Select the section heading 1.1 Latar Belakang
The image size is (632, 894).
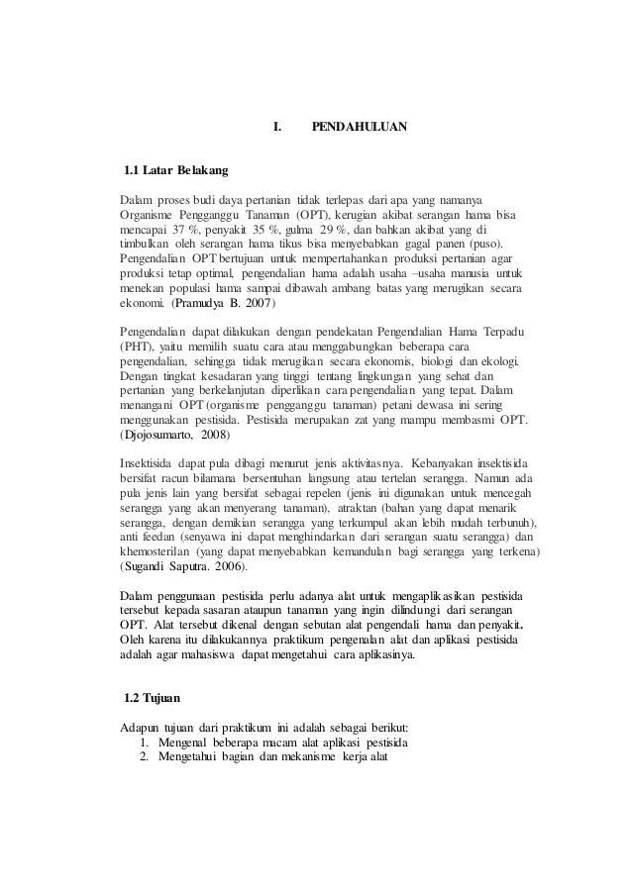tap(176, 171)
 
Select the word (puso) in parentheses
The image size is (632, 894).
tap(481, 244)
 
